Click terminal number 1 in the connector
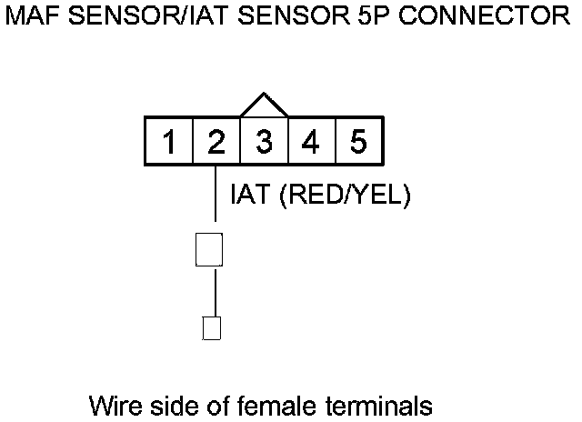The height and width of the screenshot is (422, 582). click(x=169, y=142)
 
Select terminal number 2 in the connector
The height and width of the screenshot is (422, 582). click(x=216, y=142)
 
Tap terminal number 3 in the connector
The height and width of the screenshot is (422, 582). click(x=264, y=142)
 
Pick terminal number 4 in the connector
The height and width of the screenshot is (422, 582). click(x=311, y=142)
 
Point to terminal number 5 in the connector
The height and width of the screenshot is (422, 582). click(x=358, y=142)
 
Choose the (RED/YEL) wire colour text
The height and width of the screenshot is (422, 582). click(x=344, y=195)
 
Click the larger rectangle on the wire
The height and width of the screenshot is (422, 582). click(x=210, y=249)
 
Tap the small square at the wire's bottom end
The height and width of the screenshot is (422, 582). click(x=211, y=327)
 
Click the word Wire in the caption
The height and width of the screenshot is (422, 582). click(x=115, y=403)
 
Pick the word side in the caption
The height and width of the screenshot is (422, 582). click(x=170, y=403)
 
